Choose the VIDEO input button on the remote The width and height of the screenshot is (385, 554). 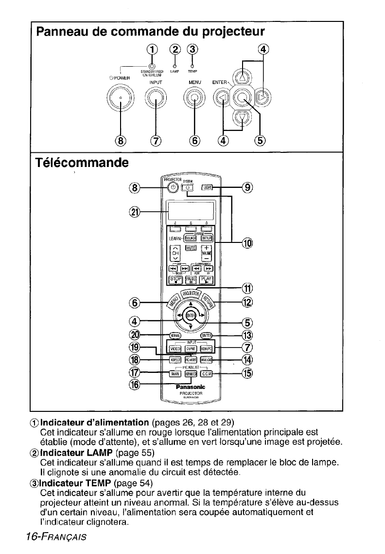pos(175,348)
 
